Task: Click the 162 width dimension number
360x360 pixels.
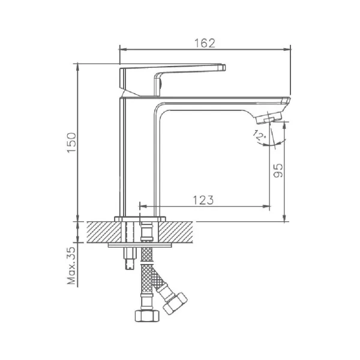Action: tap(205, 43)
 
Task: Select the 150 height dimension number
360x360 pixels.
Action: tap(71, 142)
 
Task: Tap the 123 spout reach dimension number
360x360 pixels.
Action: tap(203, 200)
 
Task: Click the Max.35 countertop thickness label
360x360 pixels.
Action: tap(71, 265)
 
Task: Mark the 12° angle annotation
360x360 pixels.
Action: tap(259, 137)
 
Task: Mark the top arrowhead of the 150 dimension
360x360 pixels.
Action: tap(78, 65)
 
